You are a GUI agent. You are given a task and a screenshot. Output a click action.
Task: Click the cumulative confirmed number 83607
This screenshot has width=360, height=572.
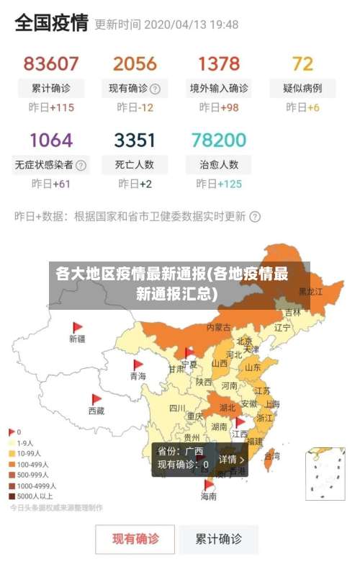pos(51,63)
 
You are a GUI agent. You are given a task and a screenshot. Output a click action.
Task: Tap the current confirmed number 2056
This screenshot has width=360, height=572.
pos(135,63)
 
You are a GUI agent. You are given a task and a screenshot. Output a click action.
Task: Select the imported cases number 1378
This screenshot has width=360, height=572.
pos(219,63)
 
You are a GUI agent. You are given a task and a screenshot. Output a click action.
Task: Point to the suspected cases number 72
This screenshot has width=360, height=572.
pos(302,63)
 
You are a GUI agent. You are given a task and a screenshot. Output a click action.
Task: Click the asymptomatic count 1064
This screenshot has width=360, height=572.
pos(51,139)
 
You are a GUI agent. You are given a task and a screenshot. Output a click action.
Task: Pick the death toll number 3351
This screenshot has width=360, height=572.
pos(135,139)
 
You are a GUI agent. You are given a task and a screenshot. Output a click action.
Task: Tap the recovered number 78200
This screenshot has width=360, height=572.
pos(219,139)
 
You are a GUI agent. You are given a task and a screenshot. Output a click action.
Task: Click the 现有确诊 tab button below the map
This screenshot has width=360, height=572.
pos(135,538)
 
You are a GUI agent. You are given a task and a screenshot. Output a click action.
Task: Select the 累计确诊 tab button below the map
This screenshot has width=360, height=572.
pos(219,538)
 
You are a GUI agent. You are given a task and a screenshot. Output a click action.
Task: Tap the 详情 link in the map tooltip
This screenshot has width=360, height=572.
pos(231,459)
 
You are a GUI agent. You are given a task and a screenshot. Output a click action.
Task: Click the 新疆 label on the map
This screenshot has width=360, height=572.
pos(77,338)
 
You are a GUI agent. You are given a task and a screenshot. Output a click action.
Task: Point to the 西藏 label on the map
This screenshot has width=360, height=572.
pos(96,411)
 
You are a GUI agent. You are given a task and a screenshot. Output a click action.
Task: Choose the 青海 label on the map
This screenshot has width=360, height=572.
pos(138,376)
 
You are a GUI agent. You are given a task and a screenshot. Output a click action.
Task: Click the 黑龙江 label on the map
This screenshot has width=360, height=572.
pos(310,292)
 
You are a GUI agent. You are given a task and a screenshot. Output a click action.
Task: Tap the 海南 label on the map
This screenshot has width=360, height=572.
pos(208,496)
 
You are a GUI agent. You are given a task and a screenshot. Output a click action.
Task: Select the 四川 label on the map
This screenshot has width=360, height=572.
pos(177,408)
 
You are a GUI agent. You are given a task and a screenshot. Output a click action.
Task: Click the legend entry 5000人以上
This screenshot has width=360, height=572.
pos(32,496)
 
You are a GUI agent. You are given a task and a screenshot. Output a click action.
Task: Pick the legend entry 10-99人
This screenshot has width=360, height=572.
pos(30,454)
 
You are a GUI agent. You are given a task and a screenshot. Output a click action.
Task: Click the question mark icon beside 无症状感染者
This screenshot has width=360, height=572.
pos(81,165)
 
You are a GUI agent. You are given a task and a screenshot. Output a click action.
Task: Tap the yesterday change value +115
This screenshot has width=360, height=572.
pos(62,107)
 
